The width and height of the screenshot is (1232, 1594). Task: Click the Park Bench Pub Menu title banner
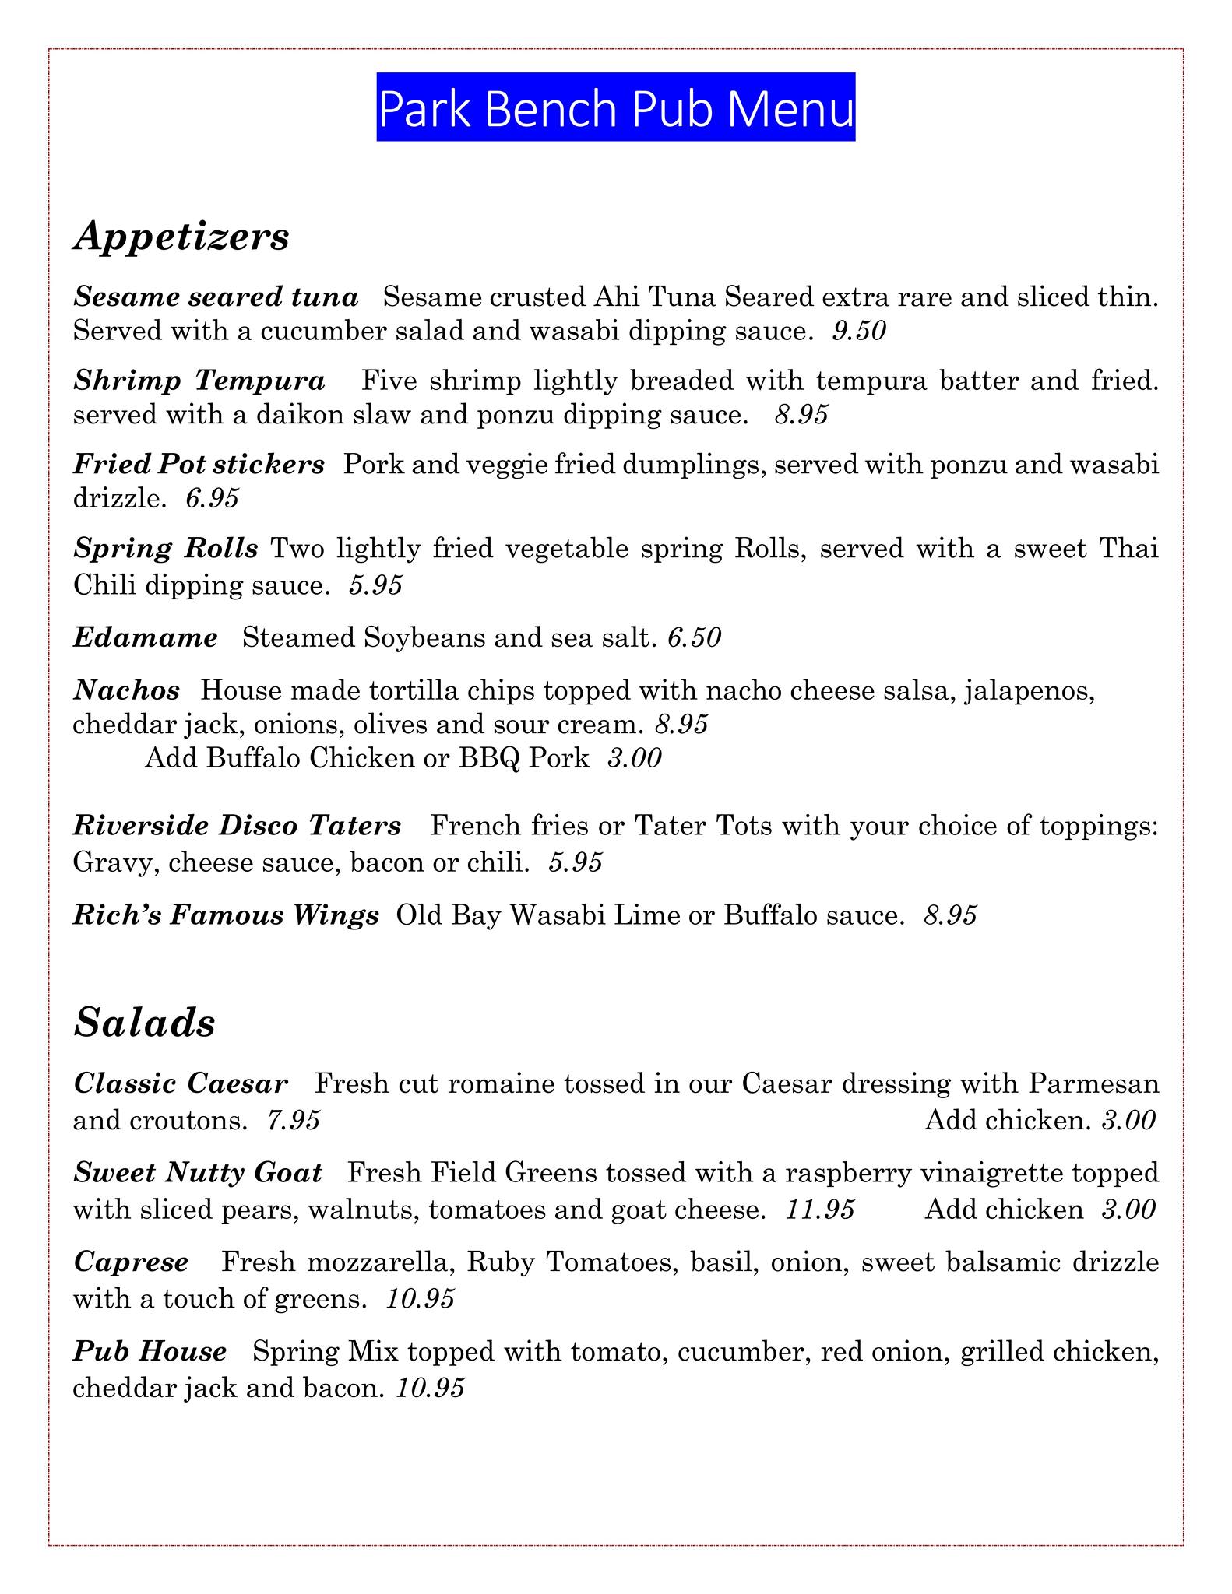tap(615, 108)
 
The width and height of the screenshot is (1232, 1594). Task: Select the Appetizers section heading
tap(181, 236)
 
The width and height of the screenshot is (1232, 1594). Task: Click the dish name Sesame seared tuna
tap(216, 297)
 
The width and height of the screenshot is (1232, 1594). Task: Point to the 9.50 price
tap(859, 332)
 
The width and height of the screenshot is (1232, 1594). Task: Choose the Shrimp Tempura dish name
tap(199, 381)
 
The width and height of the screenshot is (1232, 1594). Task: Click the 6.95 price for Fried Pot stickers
tap(212, 498)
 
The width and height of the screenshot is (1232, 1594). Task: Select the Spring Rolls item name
tap(166, 548)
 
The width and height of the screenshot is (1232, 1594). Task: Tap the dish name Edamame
tap(146, 638)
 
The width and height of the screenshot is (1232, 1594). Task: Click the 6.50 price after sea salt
tap(695, 638)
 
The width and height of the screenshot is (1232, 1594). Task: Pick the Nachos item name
tap(127, 690)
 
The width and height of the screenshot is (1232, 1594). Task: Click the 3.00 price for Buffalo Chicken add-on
tap(634, 758)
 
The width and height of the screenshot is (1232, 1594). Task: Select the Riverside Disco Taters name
tap(237, 826)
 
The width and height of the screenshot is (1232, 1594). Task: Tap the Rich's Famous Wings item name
tap(226, 915)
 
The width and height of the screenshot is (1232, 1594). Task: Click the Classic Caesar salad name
tap(181, 1083)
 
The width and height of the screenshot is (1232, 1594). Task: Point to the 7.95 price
tap(293, 1121)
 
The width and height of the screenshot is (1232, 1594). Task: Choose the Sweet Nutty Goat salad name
tap(198, 1172)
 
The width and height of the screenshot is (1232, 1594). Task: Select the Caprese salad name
tap(131, 1262)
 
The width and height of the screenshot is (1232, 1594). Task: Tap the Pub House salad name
tap(150, 1351)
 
